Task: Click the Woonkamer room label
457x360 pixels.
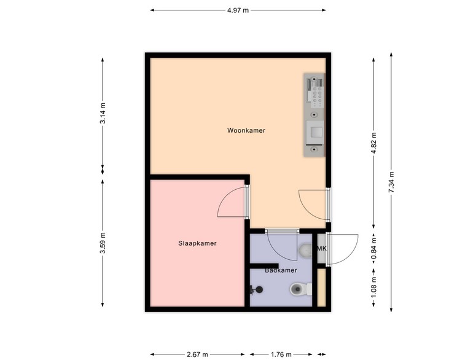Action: [x=246, y=130]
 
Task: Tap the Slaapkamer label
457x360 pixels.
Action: [x=197, y=243]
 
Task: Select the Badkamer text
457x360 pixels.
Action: [x=281, y=270]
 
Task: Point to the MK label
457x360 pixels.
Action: [x=322, y=248]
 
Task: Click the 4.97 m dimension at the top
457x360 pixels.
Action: [x=238, y=10]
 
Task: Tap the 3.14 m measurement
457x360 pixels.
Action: [x=103, y=113]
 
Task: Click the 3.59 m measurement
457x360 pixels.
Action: [x=103, y=243]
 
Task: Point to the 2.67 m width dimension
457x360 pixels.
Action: [x=197, y=354]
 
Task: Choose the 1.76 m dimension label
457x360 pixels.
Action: [x=281, y=354]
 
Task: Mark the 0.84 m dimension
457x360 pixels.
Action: [x=373, y=248]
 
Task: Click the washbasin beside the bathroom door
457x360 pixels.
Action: [x=305, y=250]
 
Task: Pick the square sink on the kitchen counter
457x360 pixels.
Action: [x=314, y=133]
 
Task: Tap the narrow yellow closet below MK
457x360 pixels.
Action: [x=321, y=288]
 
